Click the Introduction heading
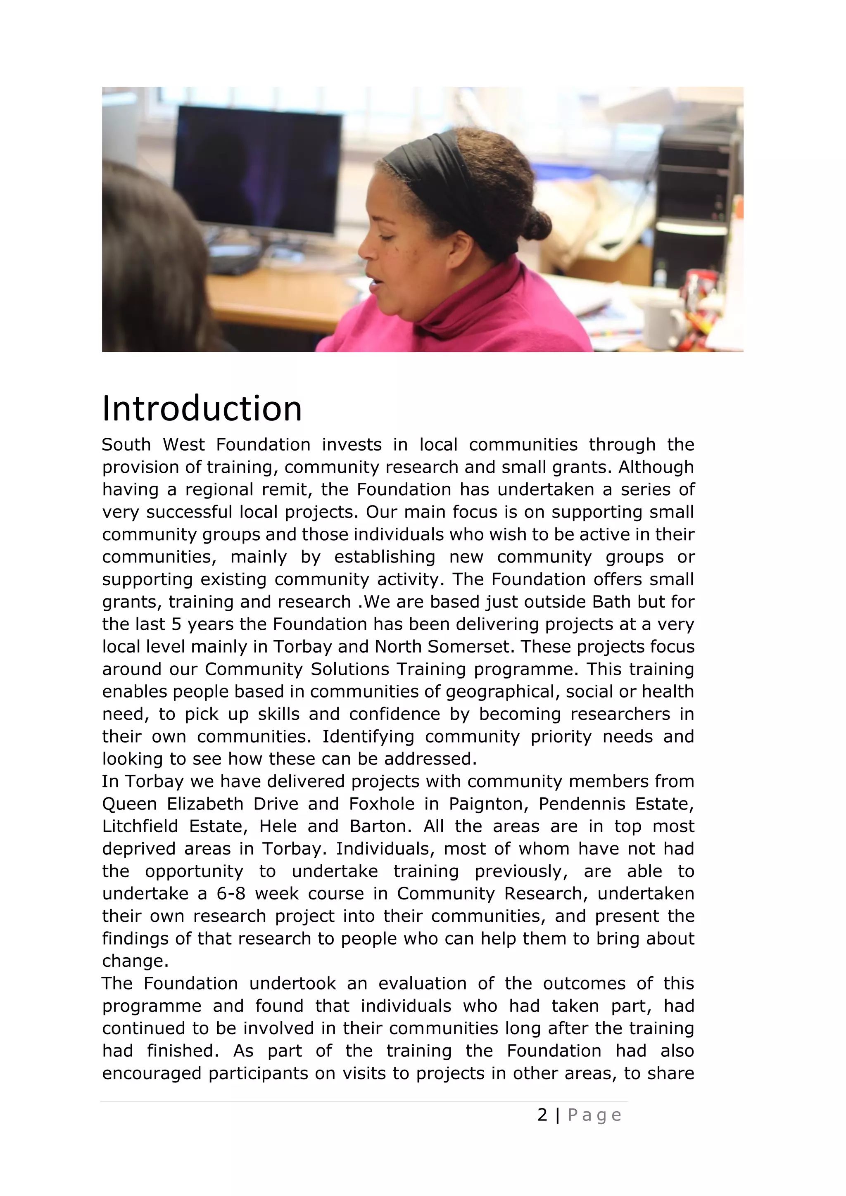click(x=202, y=409)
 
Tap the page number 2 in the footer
click(x=542, y=1115)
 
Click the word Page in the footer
click(x=594, y=1115)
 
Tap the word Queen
click(x=129, y=804)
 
